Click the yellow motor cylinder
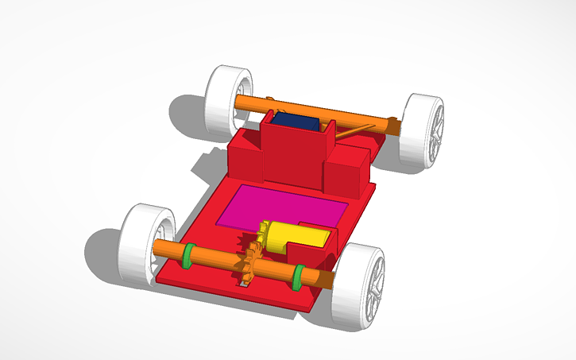click(x=298, y=236)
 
